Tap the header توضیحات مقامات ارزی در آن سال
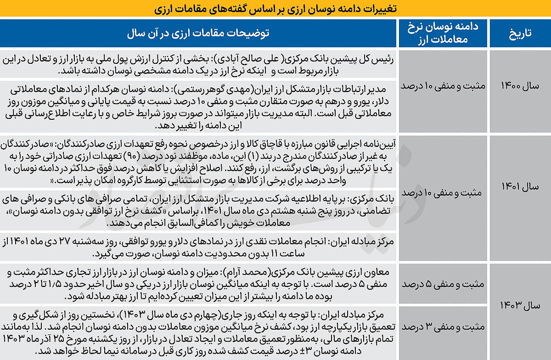coord(198,33)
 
